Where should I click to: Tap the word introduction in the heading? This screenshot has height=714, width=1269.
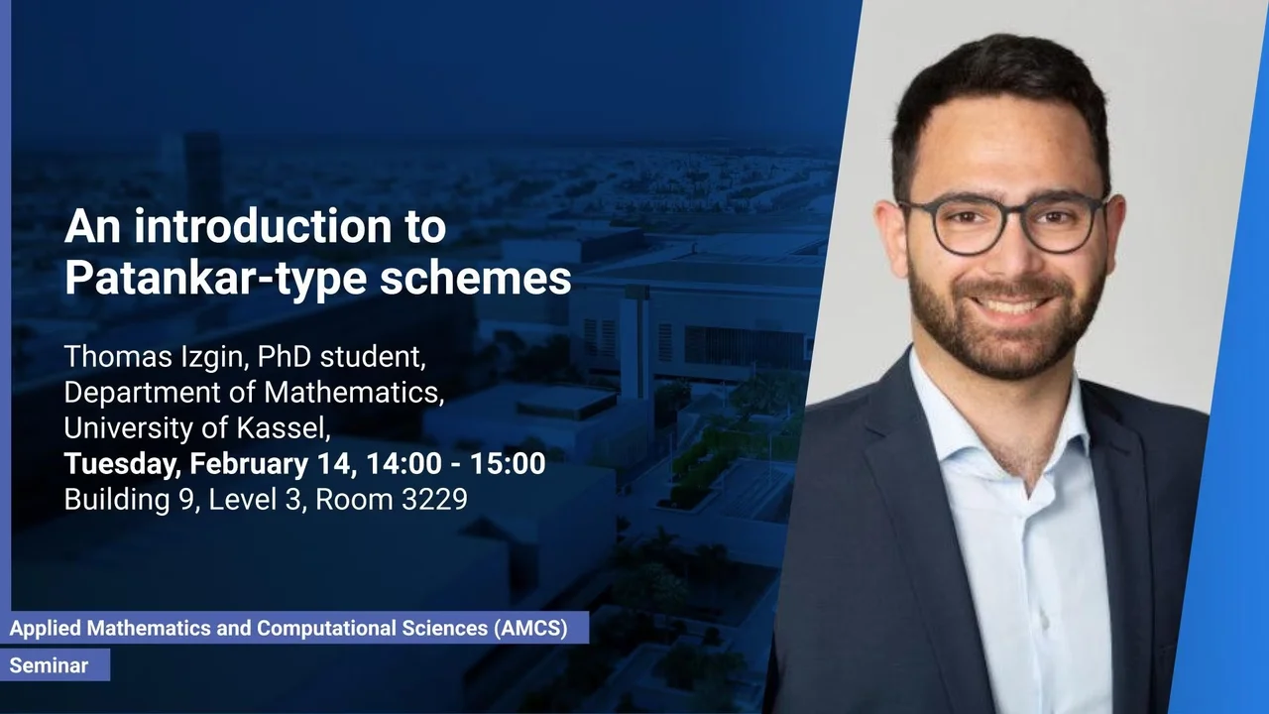(x=263, y=225)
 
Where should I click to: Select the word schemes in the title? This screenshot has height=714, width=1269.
(x=475, y=278)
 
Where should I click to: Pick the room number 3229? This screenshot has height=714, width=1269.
(x=434, y=500)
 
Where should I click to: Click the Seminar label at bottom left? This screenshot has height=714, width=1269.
(x=49, y=665)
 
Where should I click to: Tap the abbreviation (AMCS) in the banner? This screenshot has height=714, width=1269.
(x=530, y=628)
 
